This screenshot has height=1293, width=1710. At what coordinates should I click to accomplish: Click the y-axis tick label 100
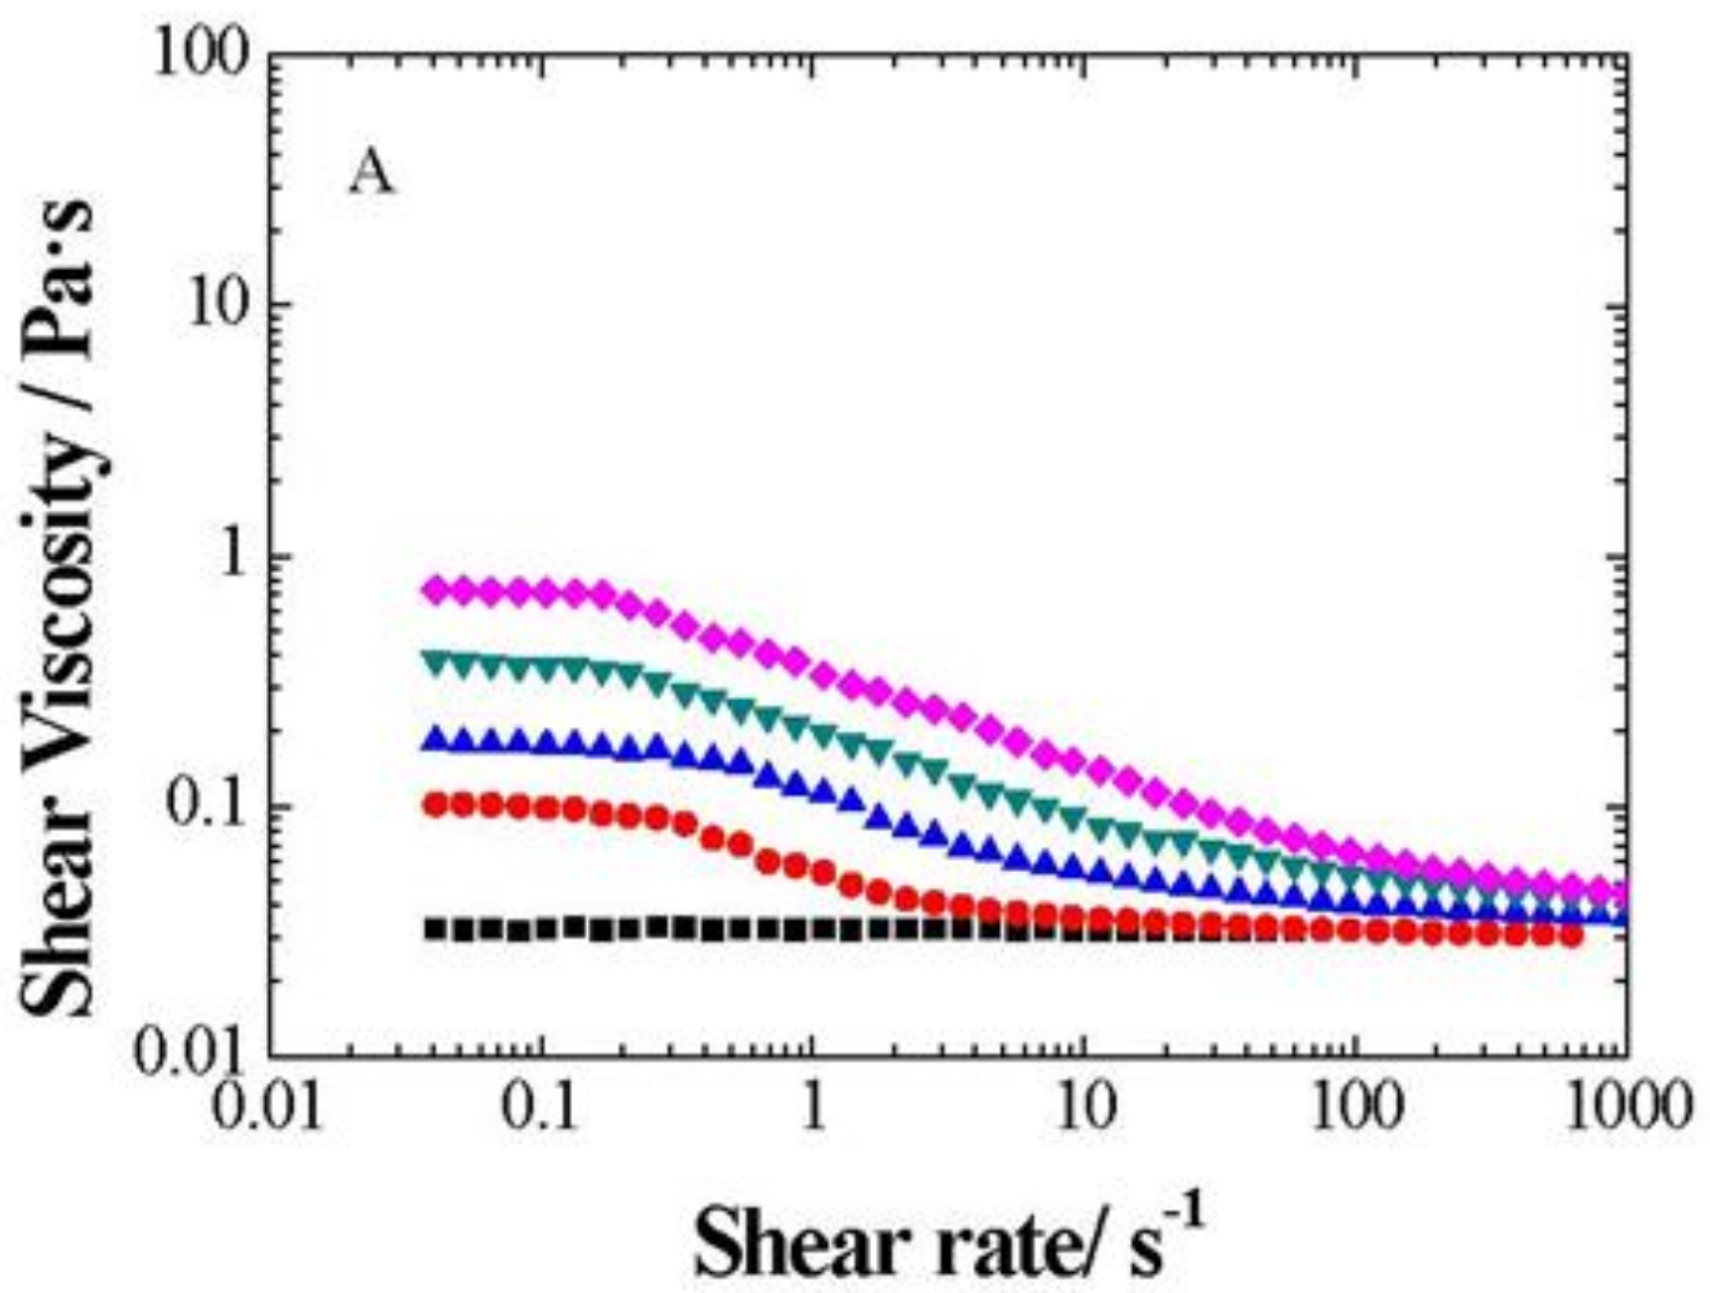pyautogui.click(x=202, y=55)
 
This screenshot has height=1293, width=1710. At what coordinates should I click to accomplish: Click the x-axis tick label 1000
pyautogui.click(x=1627, y=1104)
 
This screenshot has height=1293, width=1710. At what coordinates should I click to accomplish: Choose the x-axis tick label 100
pyautogui.click(x=1356, y=1104)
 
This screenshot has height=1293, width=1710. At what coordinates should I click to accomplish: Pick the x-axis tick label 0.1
pyautogui.click(x=540, y=1104)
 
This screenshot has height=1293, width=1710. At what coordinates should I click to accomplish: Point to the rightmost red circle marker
pyautogui.click(x=1570, y=934)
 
